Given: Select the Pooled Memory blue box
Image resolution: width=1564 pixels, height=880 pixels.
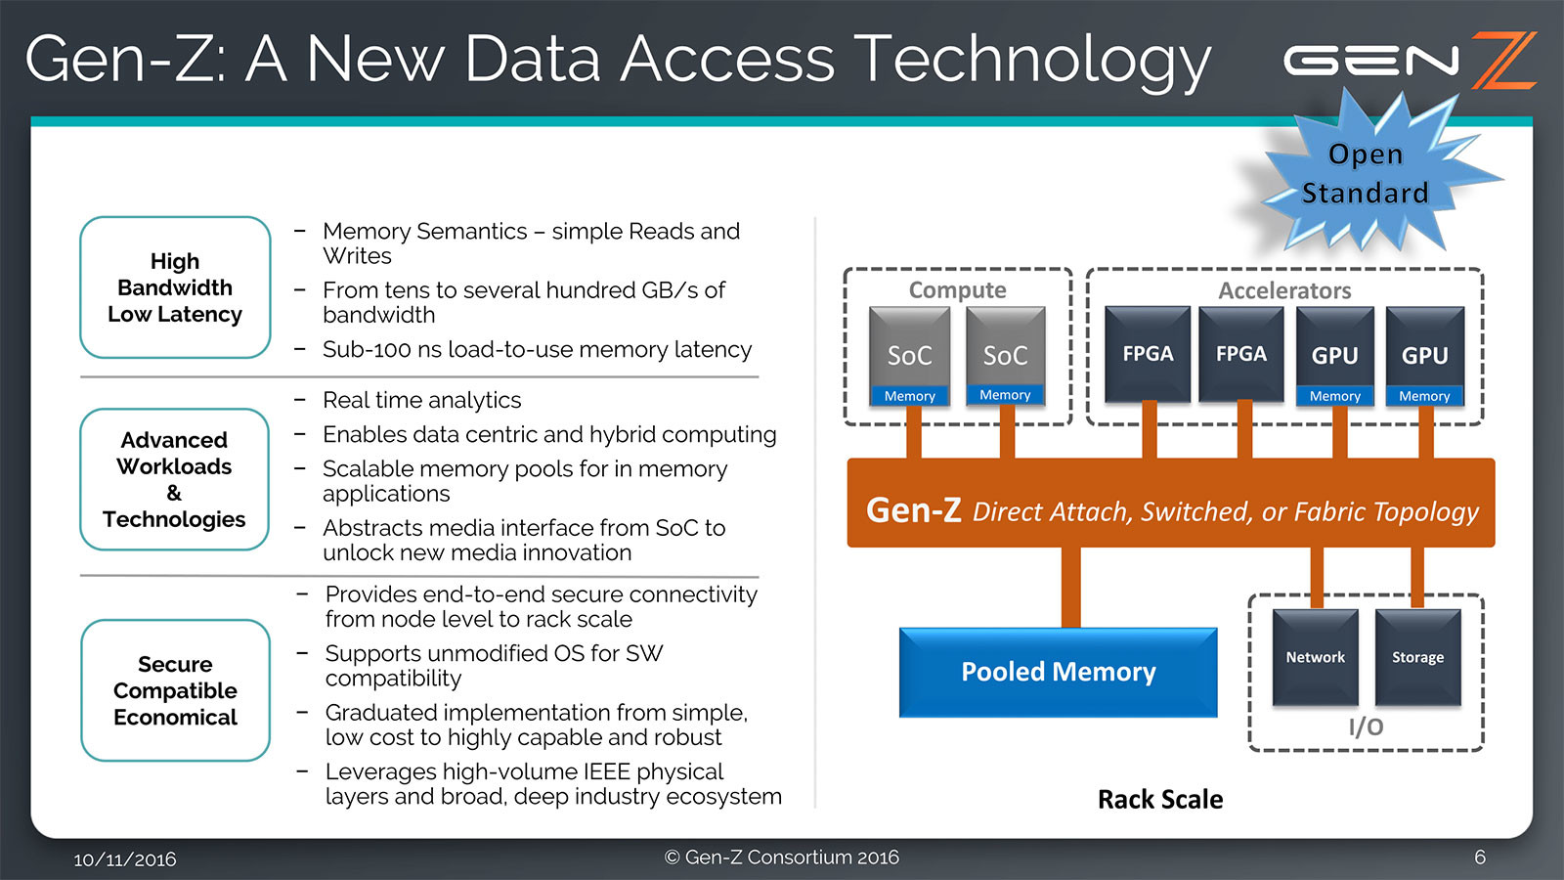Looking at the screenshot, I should pos(1058,673).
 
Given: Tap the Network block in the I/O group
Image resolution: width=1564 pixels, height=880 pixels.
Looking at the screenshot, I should pos(1315,657).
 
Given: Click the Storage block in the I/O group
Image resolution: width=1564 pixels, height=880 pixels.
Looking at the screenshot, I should pos(1417,657).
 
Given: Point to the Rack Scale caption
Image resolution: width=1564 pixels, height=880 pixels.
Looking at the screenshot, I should pos(1160,800).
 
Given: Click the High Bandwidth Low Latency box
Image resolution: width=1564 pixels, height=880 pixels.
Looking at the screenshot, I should pos(175,287).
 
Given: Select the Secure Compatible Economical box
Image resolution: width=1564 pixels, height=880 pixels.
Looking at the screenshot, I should pos(175,690).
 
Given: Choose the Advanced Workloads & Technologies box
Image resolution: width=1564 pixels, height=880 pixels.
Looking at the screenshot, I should pos(174,479).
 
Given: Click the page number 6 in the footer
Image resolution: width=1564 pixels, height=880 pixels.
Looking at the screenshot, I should pos(1480,858).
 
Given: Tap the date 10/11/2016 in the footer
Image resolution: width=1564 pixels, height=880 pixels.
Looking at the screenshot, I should pos(125,859).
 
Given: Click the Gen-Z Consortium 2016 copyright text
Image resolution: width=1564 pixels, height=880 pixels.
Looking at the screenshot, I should pos(782,858).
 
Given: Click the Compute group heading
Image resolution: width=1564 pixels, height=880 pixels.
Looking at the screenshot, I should pos(957,290).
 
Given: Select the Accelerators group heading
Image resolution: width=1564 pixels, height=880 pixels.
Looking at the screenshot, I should pos(1284,290).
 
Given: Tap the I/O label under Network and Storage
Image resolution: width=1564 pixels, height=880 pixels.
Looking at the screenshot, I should pos(1366,726).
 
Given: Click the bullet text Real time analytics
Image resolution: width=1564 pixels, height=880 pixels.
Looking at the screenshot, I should pos(421,400).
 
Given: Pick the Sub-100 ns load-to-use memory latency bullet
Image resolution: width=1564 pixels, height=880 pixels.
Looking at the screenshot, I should pos(537,349).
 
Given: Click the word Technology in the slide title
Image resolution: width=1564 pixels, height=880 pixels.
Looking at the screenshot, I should pos(1032,60).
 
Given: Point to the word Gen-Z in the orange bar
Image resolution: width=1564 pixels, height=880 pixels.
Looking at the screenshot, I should pos(913,509).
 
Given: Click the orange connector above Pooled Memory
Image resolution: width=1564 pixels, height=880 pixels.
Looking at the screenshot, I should pos(1071,587).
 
